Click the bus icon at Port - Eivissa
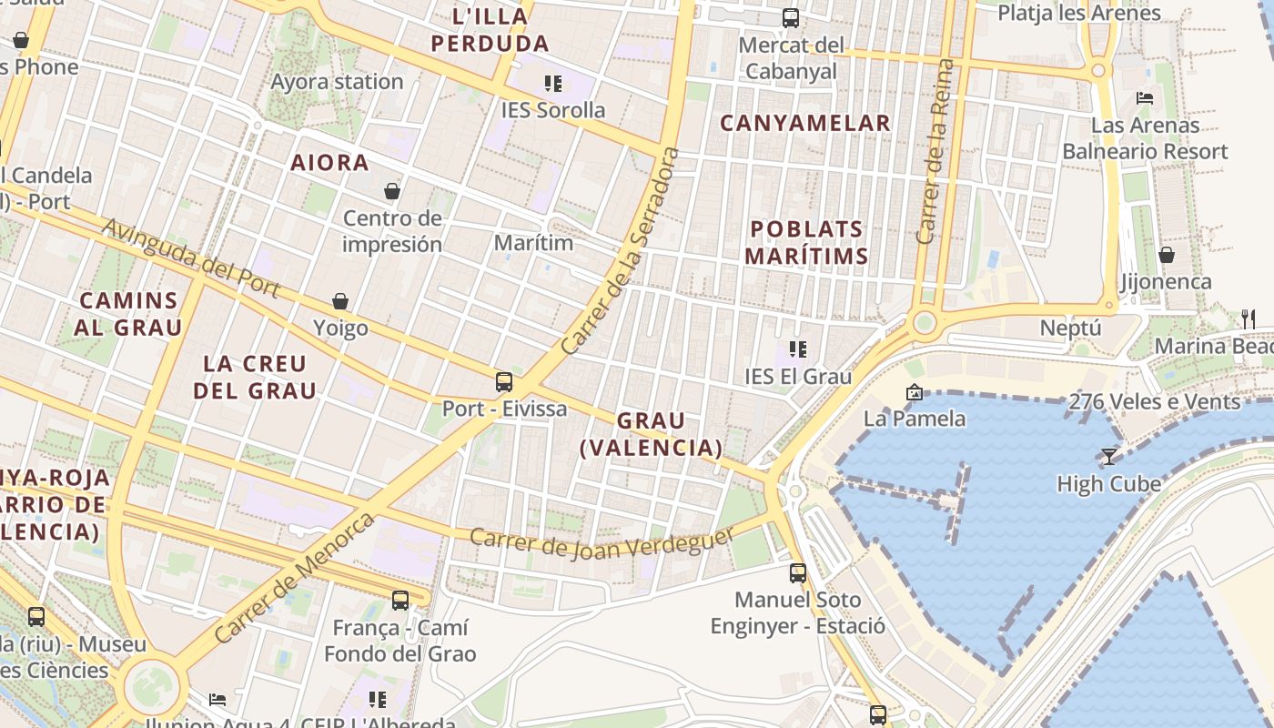(x=504, y=382)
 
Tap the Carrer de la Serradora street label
(x=621, y=252)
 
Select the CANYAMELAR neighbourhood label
(x=805, y=123)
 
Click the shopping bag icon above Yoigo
(x=340, y=301)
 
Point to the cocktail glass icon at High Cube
(x=1108, y=457)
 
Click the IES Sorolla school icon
(x=552, y=84)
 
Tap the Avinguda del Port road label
(x=190, y=258)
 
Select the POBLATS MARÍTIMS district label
(x=805, y=243)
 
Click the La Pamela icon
(x=914, y=392)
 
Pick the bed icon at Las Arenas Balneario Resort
(x=1145, y=98)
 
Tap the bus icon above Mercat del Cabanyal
(x=790, y=18)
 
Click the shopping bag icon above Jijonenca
(x=1166, y=255)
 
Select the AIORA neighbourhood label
(x=329, y=163)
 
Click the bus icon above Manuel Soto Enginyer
(x=797, y=573)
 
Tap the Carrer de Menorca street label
(x=295, y=578)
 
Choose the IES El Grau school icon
(x=797, y=349)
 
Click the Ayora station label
(x=337, y=82)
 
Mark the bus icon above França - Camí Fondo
(x=399, y=601)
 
